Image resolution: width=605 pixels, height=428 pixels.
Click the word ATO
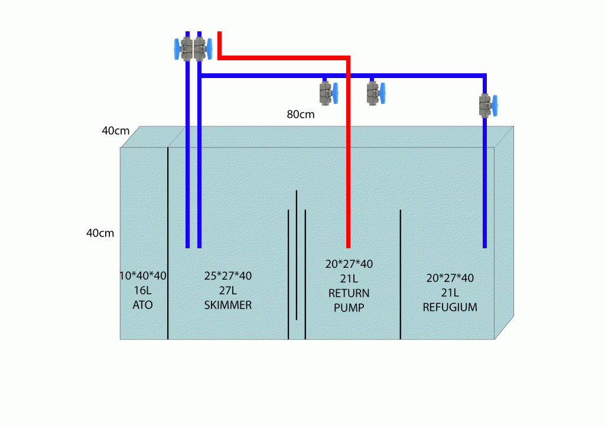[142, 305]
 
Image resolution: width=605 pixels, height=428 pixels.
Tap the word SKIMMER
[227, 305]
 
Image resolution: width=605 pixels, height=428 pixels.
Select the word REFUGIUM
[450, 307]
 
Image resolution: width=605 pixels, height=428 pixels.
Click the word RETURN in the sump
[349, 293]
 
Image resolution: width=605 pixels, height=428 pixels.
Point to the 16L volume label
[142, 291]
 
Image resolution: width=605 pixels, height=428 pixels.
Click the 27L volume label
[227, 291]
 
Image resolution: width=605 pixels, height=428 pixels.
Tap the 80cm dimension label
[301, 115]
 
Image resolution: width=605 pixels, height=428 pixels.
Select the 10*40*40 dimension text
[142, 276]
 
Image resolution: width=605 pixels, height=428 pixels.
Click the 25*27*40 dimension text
[227, 276]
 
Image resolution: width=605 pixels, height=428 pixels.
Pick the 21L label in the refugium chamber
[450, 293]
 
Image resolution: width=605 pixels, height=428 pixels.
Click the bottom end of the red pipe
[348, 245]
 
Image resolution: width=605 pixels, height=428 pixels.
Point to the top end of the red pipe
[219, 34]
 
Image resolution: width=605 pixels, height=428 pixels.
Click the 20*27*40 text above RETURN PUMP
[349, 264]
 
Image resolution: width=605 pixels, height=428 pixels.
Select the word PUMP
[349, 308]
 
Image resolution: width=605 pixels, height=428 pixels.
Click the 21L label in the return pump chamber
[349, 278]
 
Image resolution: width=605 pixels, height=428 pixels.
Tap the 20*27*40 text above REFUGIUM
[450, 278]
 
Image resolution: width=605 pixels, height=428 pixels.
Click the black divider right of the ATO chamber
[168, 242]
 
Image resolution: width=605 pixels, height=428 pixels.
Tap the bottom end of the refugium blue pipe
[484, 245]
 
